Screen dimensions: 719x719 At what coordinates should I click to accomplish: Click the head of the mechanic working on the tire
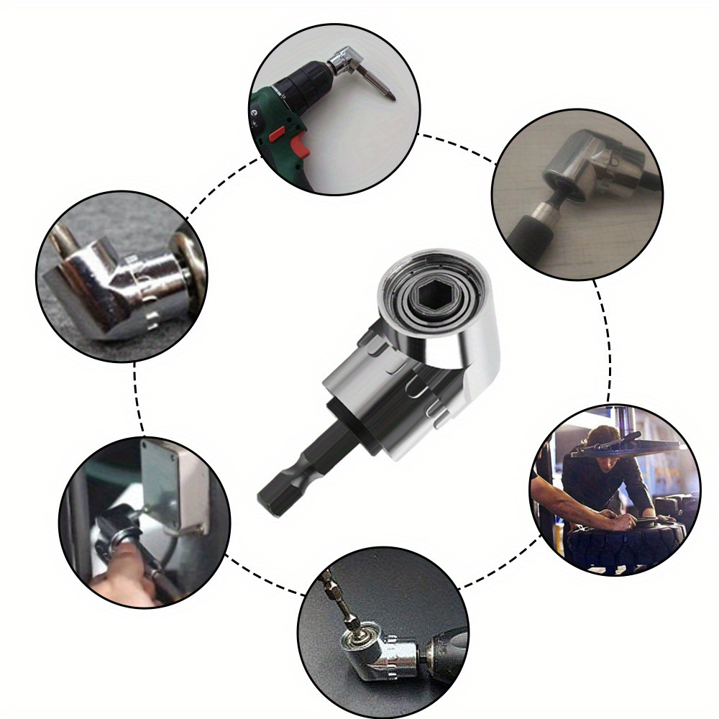point(602,440)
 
